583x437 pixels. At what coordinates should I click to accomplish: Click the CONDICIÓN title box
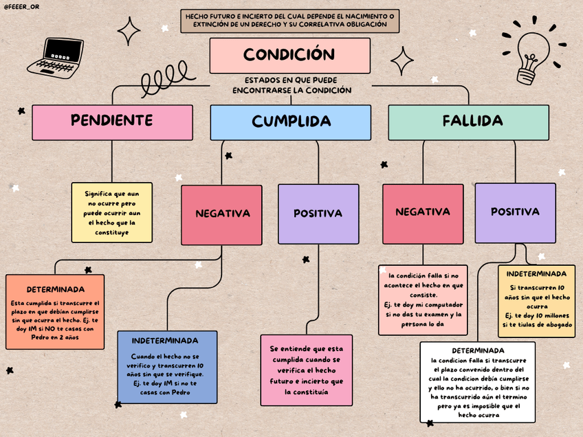289,55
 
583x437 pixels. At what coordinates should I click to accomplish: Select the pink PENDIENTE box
112,122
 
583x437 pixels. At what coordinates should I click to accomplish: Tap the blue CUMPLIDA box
291,122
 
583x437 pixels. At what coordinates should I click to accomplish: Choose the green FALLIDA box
468,122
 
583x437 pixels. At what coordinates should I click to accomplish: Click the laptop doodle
56,56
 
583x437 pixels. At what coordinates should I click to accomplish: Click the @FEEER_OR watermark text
21,6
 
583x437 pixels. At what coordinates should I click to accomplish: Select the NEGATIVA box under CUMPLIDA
221,214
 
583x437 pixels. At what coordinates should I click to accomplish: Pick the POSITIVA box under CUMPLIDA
318,214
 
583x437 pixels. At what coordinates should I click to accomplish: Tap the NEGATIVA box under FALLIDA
423,212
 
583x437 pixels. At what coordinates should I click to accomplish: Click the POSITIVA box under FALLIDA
514,212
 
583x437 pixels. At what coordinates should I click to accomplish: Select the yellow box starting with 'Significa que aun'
112,212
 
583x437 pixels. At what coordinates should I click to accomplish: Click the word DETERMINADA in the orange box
56,289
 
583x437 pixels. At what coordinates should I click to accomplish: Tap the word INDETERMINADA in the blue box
165,341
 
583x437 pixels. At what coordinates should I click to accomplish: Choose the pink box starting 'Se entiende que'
306,370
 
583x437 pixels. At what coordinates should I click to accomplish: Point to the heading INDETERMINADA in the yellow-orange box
536,273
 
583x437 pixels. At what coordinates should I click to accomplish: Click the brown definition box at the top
289,21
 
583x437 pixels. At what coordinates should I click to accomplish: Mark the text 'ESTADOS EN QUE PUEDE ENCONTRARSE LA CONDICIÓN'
291,85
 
